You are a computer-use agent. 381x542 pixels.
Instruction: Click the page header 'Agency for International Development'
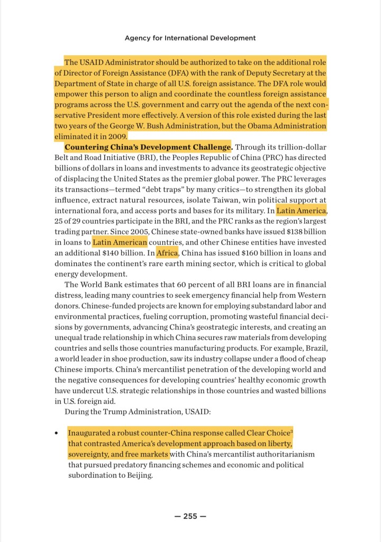pyautogui.click(x=190, y=38)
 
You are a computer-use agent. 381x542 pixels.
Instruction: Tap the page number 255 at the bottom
pyautogui.click(x=190, y=517)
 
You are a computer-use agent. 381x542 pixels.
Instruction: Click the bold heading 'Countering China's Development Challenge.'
pyautogui.click(x=148, y=147)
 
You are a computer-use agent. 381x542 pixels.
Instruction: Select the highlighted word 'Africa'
pyautogui.click(x=167, y=253)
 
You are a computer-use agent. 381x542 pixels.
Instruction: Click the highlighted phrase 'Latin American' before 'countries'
pyautogui.click(x=120, y=242)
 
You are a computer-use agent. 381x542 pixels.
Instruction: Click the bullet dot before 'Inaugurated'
pyautogui.click(x=56, y=433)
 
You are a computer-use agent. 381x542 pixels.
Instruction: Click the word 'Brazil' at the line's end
pyautogui.click(x=314, y=348)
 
